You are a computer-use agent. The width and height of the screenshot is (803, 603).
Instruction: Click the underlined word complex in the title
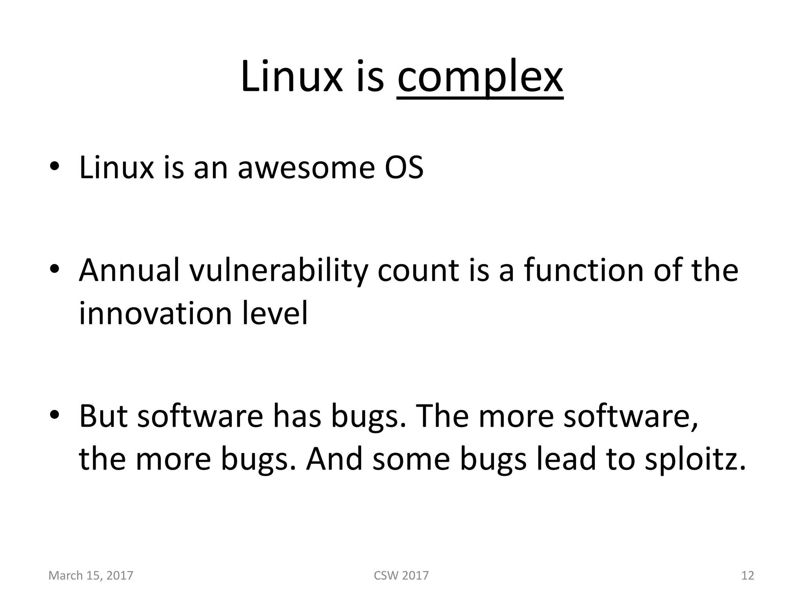point(480,77)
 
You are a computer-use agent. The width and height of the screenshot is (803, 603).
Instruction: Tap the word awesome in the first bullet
point(306,168)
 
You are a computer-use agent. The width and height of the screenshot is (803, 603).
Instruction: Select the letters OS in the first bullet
point(404,168)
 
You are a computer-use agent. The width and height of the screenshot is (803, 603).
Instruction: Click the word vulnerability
point(278,271)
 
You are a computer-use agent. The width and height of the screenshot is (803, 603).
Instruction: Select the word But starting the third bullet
point(103,416)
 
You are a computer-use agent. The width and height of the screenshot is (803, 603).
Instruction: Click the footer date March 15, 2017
point(91,576)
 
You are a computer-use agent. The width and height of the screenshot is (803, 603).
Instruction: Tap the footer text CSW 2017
point(401,576)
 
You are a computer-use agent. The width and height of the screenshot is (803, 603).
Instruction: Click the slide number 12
point(748,576)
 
